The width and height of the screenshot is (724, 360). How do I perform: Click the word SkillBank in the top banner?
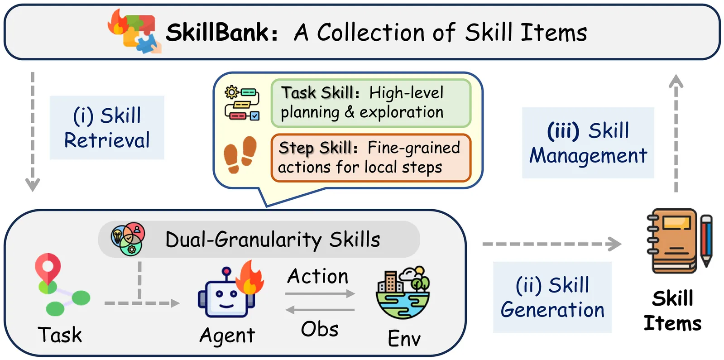click(x=222, y=32)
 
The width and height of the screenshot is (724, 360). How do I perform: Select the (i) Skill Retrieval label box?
click(x=107, y=127)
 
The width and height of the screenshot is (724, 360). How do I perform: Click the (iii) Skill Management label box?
click(x=588, y=143)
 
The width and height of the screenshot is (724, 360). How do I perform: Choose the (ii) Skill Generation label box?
click(x=552, y=297)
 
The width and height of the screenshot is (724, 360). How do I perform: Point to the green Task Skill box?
click(x=371, y=103)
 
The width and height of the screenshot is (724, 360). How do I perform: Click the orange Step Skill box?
click(x=371, y=158)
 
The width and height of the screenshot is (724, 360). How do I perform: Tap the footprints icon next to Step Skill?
click(x=240, y=154)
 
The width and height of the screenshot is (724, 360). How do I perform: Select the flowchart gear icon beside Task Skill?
click(x=242, y=103)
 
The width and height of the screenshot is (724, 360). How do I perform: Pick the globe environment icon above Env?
click(x=403, y=293)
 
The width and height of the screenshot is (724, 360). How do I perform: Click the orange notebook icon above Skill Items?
click(x=671, y=241)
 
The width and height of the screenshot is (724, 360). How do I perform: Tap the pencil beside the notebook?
click(x=706, y=241)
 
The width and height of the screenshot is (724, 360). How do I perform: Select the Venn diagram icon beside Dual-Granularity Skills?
click(x=128, y=239)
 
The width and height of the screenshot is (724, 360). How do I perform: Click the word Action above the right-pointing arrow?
click(x=318, y=276)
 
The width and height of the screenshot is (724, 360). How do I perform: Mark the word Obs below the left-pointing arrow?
click(x=319, y=329)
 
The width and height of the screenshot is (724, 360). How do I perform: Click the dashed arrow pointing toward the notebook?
click(x=552, y=244)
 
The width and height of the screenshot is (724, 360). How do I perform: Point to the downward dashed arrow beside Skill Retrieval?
click(x=33, y=132)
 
